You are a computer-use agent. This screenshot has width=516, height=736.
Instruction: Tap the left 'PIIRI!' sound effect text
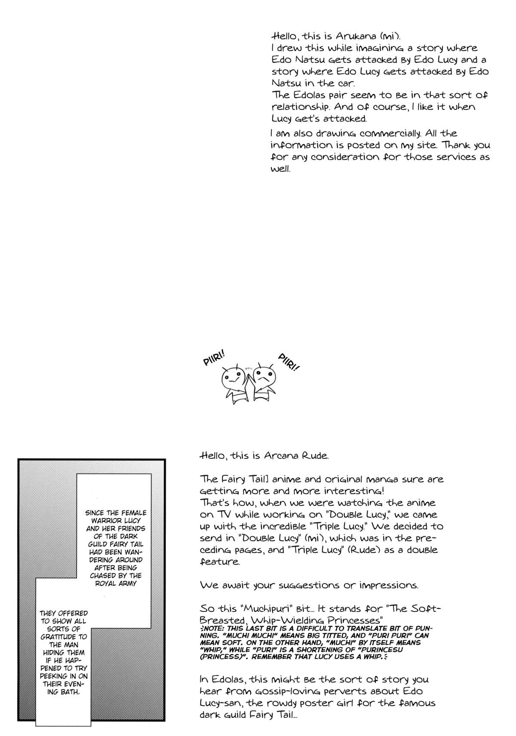coord(214,357)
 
